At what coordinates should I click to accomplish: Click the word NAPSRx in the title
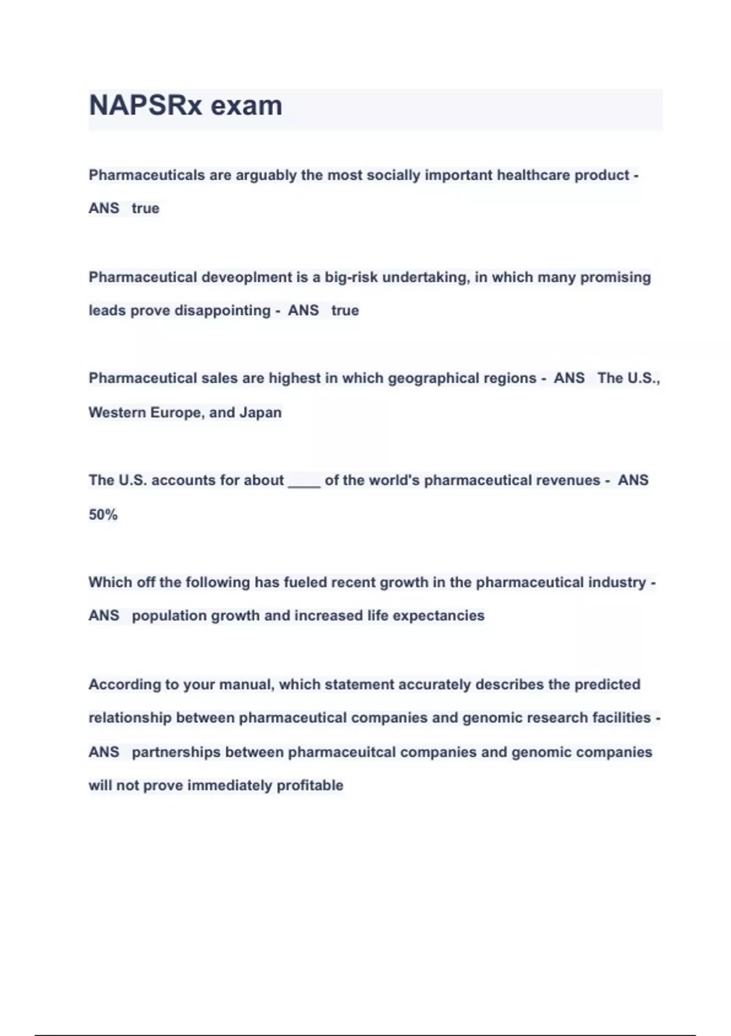[145, 105]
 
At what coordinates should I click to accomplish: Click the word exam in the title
[246, 105]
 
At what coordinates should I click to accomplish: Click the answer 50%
[103, 515]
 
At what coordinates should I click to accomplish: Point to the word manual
[246, 684]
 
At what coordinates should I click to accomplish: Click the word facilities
[622, 718]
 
